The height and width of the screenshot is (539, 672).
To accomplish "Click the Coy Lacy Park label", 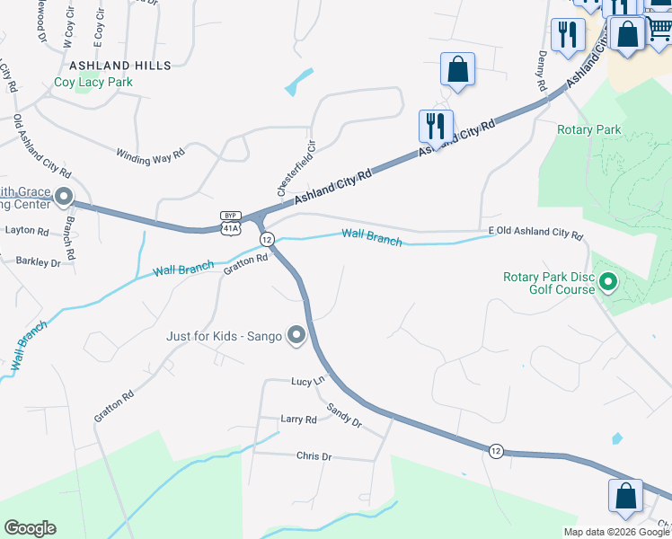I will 93,82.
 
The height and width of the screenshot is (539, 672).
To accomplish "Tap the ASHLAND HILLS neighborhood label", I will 119,66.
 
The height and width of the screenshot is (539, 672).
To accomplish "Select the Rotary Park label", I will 588,130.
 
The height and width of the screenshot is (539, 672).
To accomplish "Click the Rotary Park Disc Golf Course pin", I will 608,283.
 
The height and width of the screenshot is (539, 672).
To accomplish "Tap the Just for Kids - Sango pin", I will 296,337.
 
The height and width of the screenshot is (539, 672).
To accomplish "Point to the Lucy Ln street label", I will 307,381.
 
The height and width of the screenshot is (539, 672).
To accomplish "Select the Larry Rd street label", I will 298,420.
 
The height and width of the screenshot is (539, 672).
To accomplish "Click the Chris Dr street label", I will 314,456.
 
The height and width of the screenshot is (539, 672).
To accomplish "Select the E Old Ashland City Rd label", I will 535,233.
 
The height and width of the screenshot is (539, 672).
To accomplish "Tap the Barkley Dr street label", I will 38,262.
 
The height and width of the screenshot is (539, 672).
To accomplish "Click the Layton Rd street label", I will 27,231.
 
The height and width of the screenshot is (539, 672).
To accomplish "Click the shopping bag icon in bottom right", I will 625,496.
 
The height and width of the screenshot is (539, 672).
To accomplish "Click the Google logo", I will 30,528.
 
